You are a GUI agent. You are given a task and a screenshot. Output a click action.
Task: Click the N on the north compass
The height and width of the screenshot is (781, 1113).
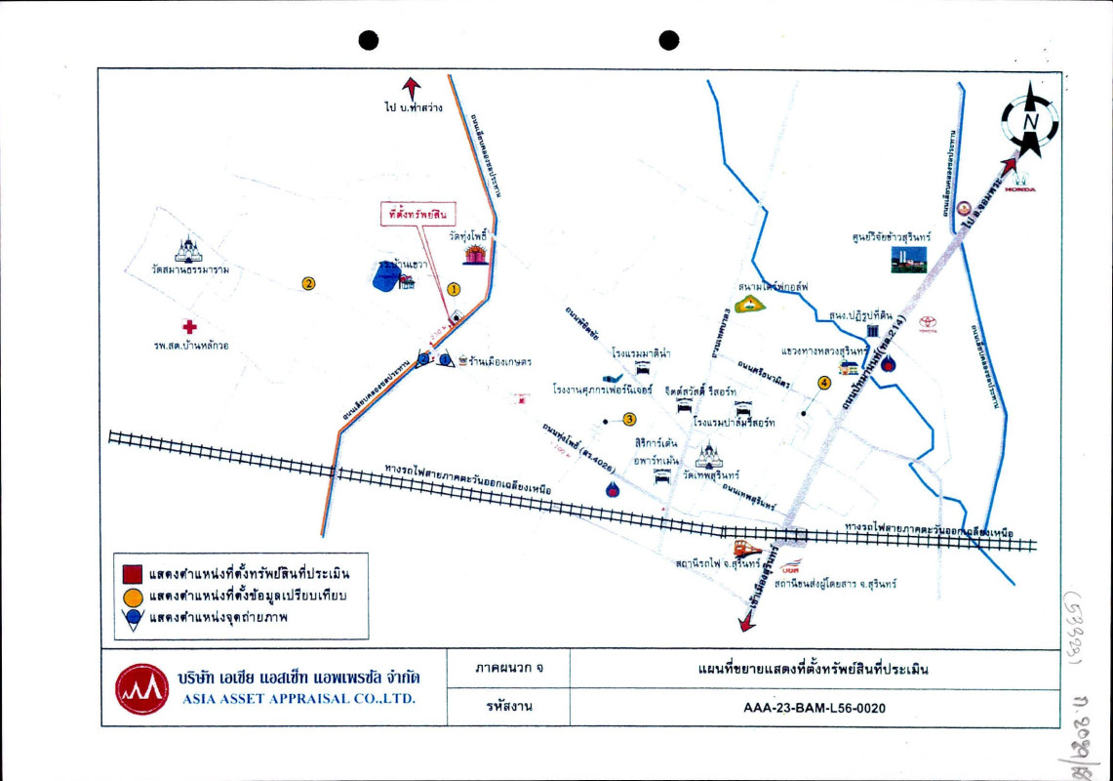point(1028,122)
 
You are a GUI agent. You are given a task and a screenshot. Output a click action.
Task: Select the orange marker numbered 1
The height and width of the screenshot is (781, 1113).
point(453,289)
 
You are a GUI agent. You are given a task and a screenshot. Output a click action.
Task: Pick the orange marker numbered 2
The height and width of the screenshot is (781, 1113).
point(308,284)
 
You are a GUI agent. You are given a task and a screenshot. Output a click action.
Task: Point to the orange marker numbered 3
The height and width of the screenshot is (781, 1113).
point(629,420)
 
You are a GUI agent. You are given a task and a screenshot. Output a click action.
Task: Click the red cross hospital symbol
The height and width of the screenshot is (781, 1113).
point(189,327)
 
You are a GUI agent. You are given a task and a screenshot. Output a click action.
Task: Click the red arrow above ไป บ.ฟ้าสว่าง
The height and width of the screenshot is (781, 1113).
point(412,87)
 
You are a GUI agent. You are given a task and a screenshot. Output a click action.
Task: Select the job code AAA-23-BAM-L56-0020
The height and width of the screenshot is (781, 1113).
point(814,708)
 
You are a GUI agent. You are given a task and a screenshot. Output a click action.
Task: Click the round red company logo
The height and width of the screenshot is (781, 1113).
point(142,688)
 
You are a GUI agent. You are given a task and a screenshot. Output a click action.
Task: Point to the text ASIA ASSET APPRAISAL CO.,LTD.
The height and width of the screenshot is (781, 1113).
point(298,699)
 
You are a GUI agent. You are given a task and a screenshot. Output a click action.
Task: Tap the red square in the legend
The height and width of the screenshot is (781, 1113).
point(134,573)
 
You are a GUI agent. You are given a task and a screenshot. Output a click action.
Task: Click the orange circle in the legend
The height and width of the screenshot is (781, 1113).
point(134,596)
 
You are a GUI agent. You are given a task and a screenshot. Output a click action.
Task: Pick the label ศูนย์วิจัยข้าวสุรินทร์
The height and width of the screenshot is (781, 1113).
point(891,236)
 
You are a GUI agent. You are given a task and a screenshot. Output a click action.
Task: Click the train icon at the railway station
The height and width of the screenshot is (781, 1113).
point(748,548)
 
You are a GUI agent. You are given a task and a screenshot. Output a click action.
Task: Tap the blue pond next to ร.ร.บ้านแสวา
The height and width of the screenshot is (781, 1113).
point(387,277)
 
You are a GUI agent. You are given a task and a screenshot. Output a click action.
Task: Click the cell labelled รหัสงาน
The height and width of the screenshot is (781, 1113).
point(508,708)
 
